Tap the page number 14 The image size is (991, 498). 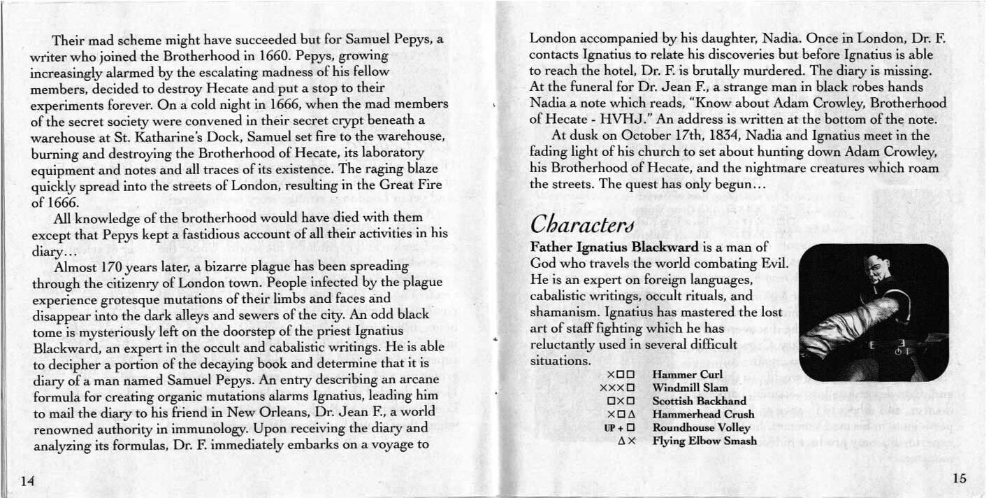coord(27,481)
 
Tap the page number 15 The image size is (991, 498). coord(958,479)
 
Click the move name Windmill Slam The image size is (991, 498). coord(690,388)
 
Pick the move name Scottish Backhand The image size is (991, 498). coord(699,401)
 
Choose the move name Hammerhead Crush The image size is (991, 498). coord(703,414)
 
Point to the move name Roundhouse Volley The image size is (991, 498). coord(701,427)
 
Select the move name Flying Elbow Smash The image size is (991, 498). coord(704,441)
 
